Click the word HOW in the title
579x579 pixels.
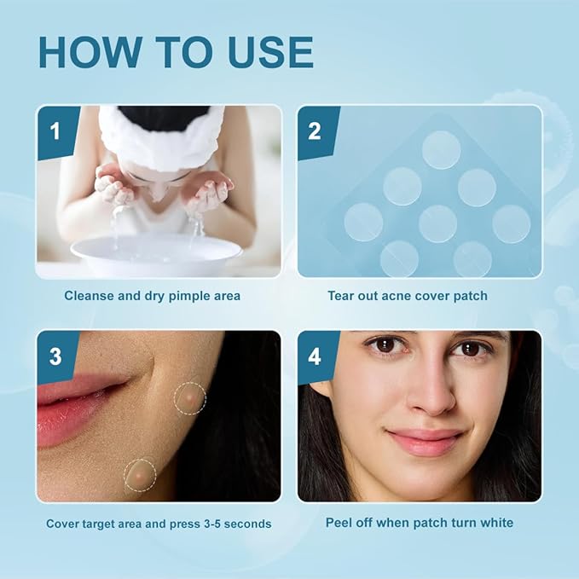(x=90, y=52)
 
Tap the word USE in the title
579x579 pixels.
(x=270, y=52)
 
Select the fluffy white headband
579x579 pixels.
(x=162, y=136)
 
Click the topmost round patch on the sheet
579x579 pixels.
(x=441, y=150)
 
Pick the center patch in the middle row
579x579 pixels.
(x=438, y=223)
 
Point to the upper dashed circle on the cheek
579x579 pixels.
(x=190, y=398)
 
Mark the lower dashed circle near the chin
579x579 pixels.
(x=140, y=475)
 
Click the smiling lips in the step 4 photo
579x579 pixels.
(x=424, y=441)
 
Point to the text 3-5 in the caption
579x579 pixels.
(x=212, y=524)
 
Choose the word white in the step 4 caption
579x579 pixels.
(x=496, y=523)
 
